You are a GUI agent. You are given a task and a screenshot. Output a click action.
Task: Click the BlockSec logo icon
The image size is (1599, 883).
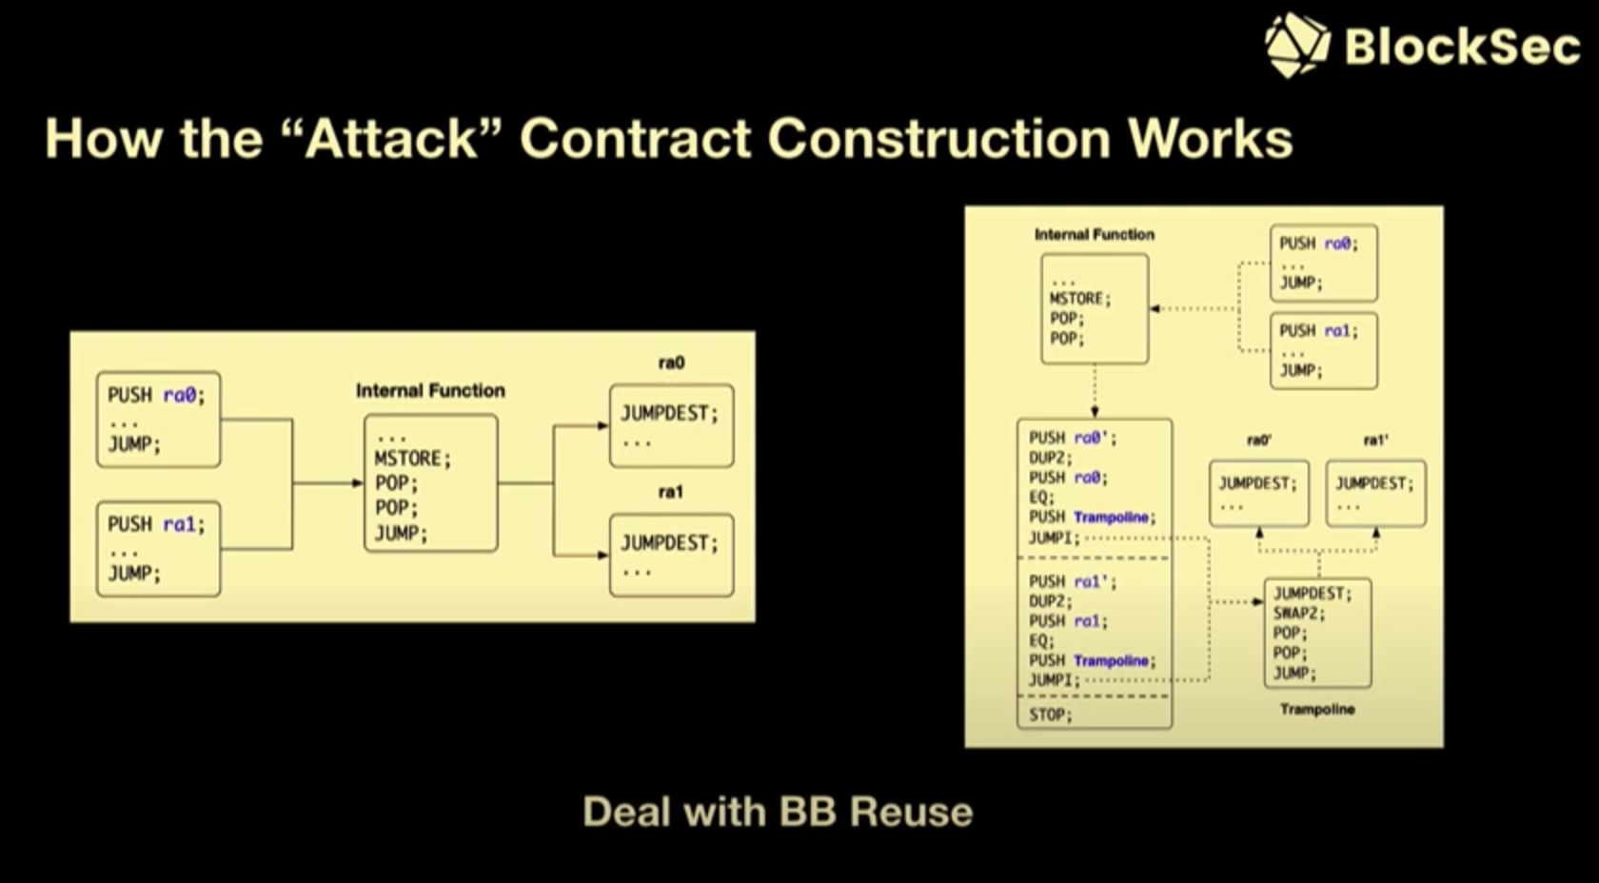click(x=1296, y=45)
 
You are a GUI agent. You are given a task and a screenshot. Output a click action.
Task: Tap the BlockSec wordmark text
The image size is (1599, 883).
click(x=1462, y=46)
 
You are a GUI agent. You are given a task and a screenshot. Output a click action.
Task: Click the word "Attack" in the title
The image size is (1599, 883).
click(x=392, y=139)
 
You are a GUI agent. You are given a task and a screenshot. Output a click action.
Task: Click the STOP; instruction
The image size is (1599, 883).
click(x=1050, y=714)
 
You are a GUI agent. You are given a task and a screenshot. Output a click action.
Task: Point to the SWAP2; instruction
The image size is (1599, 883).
click(x=1299, y=613)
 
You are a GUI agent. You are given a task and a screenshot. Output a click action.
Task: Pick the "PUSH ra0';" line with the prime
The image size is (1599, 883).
click(x=1073, y=438)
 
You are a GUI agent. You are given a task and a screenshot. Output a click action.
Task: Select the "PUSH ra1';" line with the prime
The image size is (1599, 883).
click(x=1073, y=581)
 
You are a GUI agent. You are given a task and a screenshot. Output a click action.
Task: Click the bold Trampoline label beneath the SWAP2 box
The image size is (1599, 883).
click(x=1317, y=709)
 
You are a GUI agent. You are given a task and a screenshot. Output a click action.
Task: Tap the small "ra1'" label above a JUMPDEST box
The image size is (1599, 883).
click(x=1375, y=441)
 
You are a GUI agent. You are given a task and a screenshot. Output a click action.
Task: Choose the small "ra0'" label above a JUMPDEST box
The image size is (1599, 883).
click(x=1258, y=441)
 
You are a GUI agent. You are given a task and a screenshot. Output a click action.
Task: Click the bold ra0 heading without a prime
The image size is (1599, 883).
click(x=671, y=363)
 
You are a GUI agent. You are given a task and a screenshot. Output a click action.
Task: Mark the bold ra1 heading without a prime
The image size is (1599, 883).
click(x=671, y=492)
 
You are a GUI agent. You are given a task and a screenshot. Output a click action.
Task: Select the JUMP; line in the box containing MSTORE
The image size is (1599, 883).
click(x=401, y=533)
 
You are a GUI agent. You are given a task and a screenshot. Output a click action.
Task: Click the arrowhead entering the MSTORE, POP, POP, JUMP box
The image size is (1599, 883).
click(x=358, y=483)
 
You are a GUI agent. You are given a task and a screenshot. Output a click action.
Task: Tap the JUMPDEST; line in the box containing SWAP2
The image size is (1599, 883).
click(x=1313, y=593)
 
